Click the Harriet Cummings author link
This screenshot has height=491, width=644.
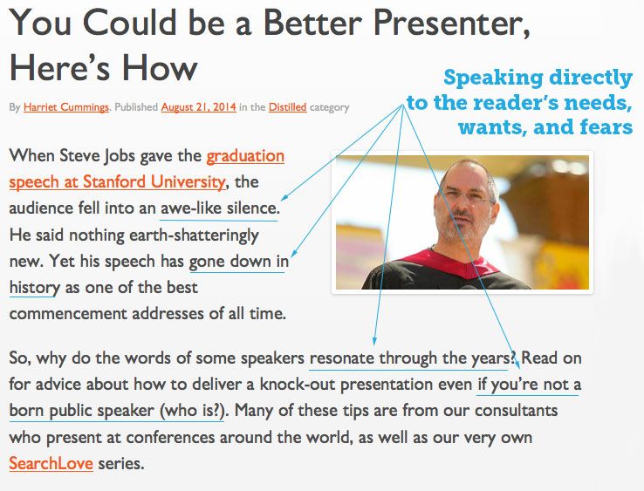(66, 107)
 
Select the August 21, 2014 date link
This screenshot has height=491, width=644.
(198, 107)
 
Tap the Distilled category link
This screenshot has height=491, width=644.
(287, 107)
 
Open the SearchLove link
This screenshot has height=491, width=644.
(51, 462)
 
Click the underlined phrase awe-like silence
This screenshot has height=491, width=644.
(219, 208)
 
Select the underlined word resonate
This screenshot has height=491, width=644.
(342, 358)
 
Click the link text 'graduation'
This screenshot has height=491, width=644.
(245, 156)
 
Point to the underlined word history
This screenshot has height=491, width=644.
(34, 287)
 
